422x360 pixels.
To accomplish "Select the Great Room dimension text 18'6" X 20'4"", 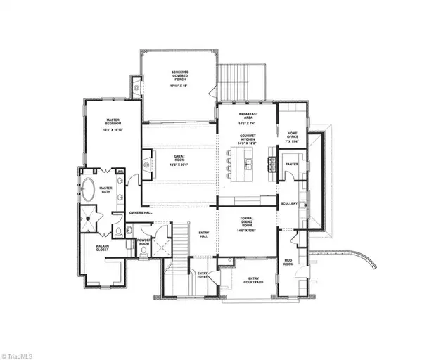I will (179, 162).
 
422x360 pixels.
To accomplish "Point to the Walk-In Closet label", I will (105, 247).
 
